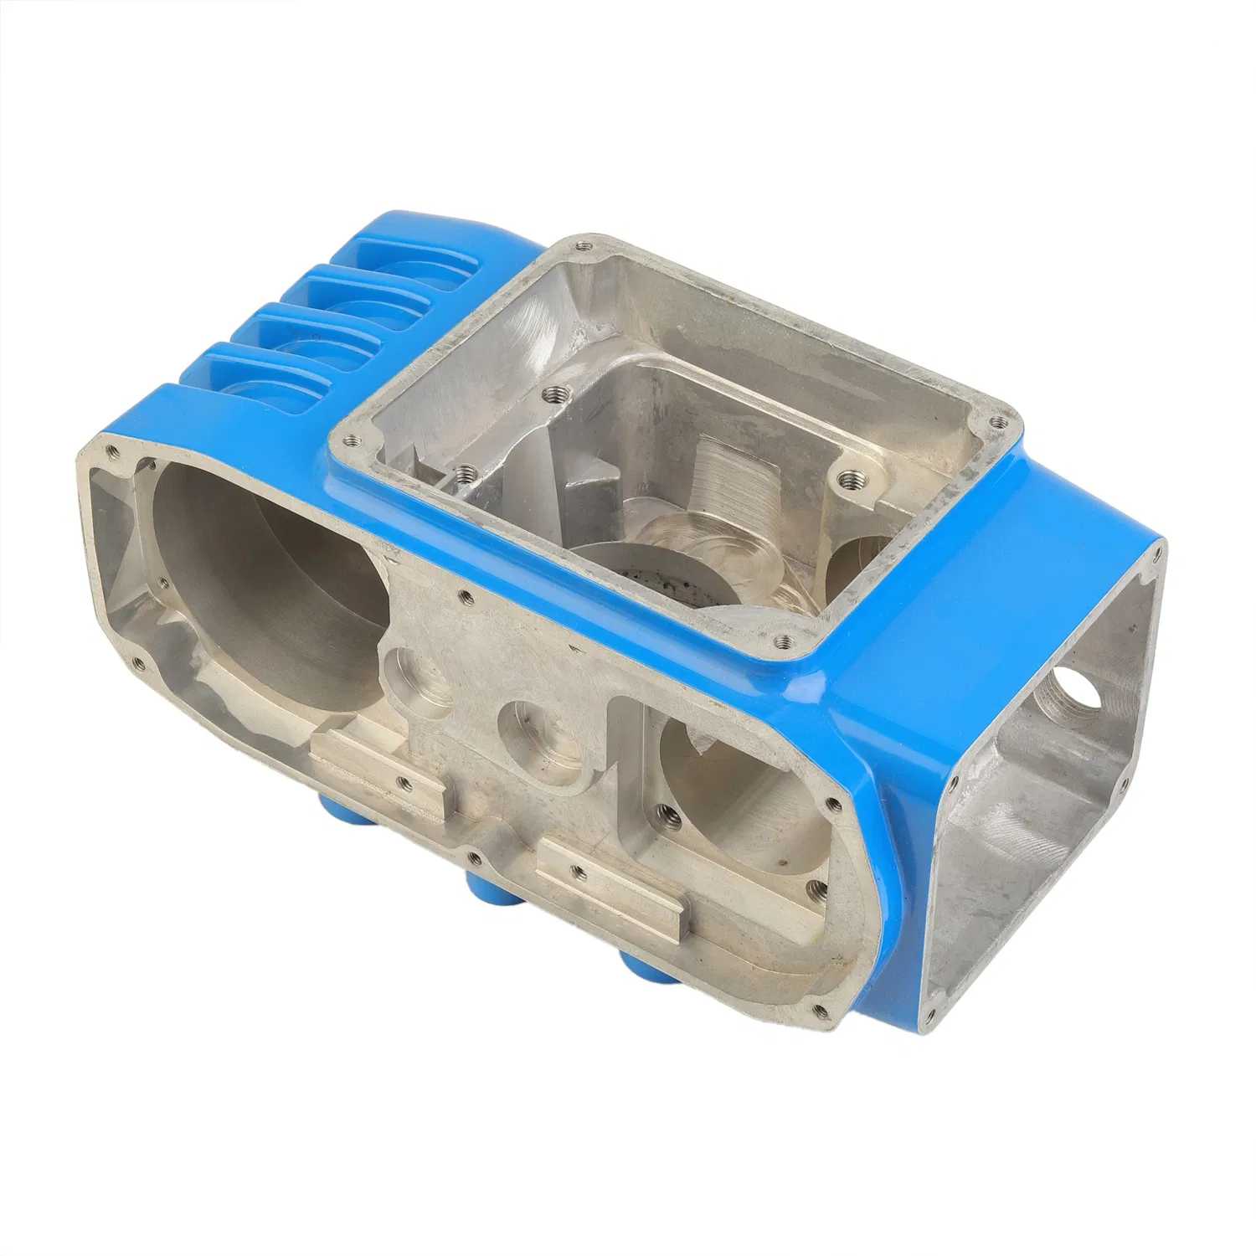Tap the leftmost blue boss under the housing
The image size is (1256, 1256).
pyautogui.click(x=339, y=804)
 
